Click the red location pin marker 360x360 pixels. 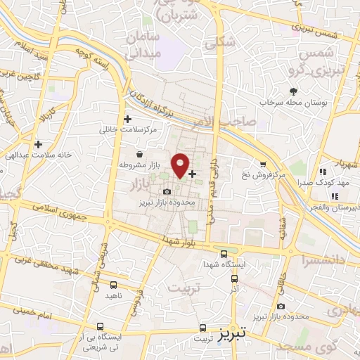[181, 165]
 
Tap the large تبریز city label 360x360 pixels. [231, 330]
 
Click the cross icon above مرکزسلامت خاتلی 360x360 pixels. [127, 119]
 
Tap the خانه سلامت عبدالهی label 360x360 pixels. [30, 155]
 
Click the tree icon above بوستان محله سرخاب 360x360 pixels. [293, 91]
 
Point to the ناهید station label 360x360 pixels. [114, 296]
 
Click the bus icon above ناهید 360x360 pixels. [114, 285]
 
